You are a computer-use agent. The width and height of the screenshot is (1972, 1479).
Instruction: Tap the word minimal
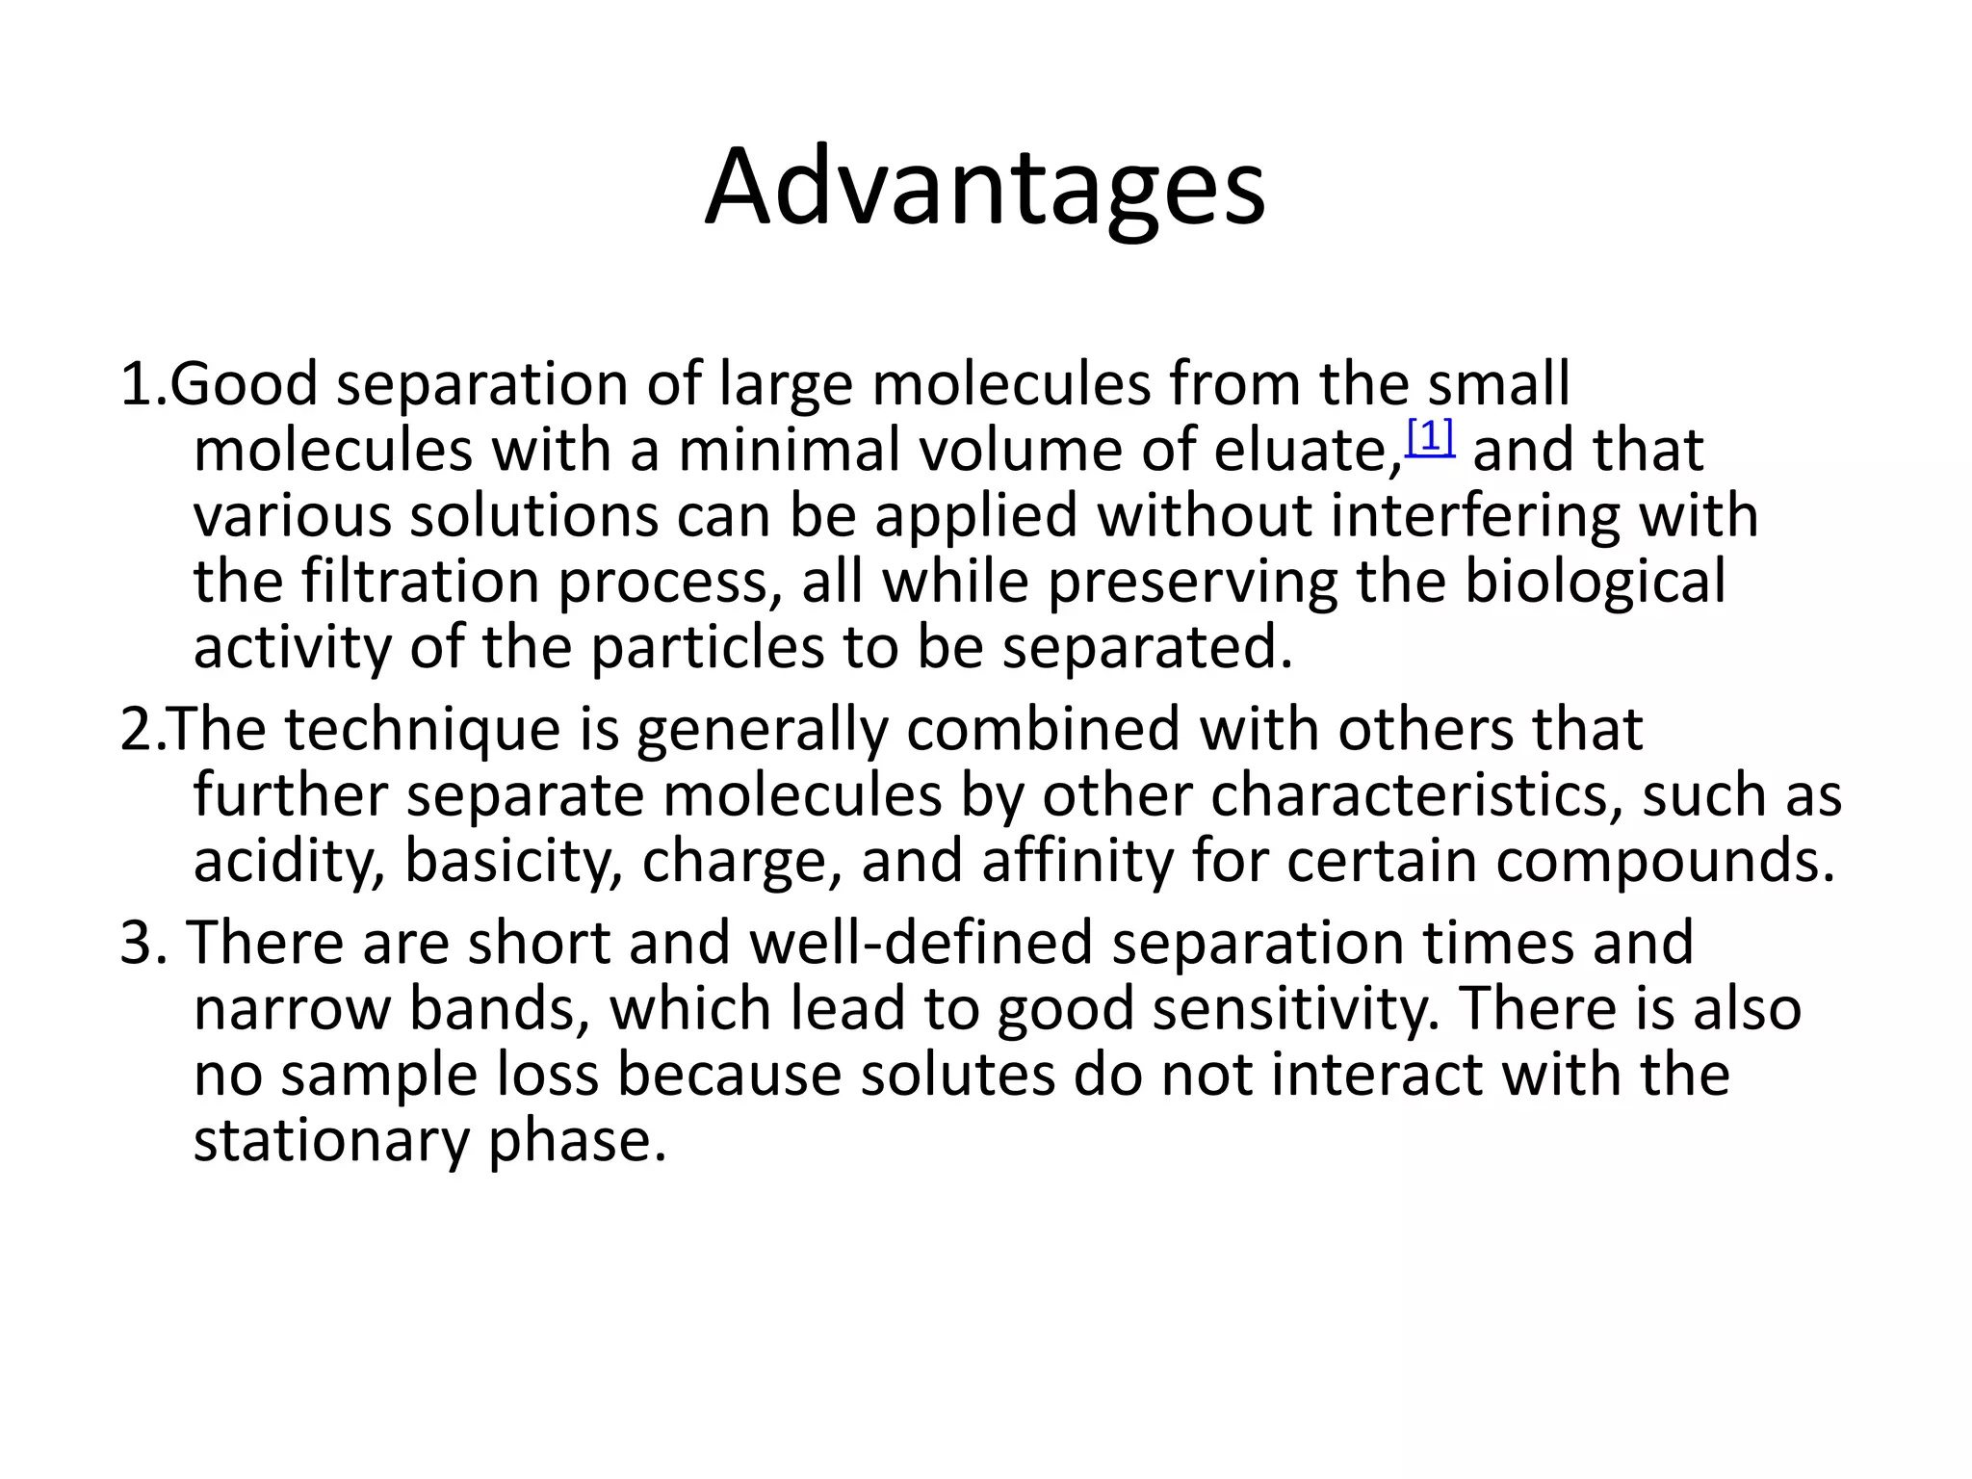788,451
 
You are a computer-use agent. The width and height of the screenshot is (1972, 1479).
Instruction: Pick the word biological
1595,584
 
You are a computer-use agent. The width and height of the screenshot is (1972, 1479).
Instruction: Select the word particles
707,648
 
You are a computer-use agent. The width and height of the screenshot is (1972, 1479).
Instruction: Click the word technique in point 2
422,730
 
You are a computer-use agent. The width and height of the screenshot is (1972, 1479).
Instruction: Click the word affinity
1077,861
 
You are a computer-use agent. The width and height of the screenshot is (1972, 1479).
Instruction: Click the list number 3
137,943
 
